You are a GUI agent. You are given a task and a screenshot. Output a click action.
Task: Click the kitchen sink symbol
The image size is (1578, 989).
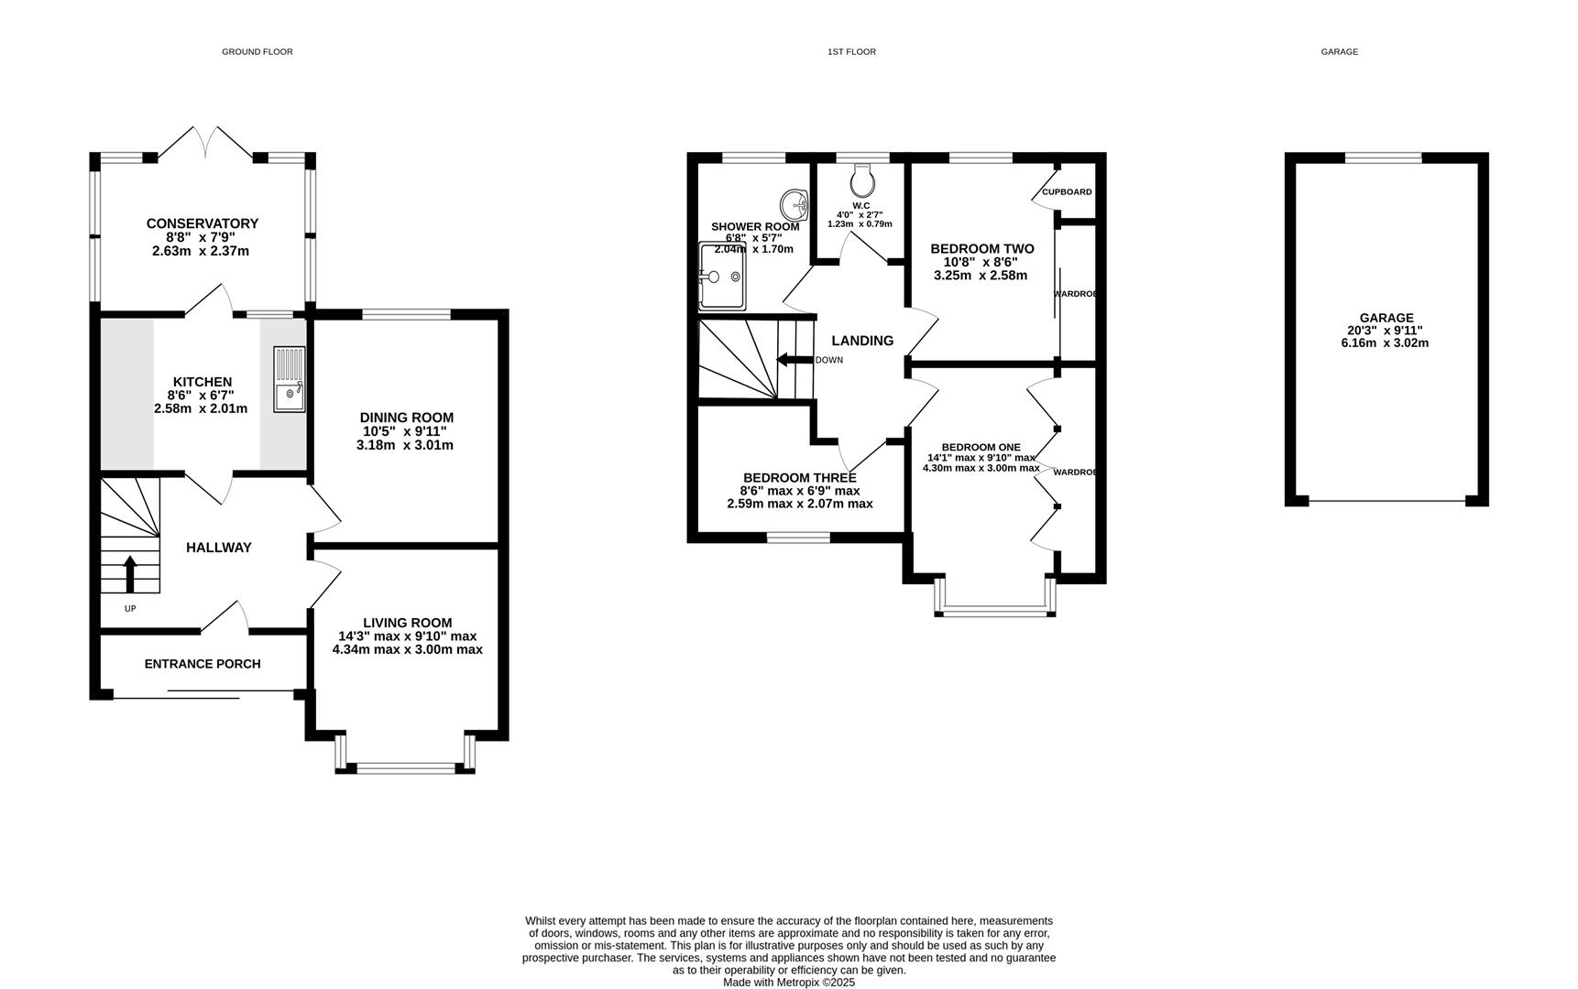(x=290, y=379)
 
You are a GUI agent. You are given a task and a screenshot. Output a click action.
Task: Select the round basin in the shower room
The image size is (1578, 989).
(x=794, y=202)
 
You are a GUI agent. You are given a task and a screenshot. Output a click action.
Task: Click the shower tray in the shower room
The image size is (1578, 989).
(x=722, y=276)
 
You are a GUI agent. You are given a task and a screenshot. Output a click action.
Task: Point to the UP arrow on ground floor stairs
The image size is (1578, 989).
(x=129, y=574)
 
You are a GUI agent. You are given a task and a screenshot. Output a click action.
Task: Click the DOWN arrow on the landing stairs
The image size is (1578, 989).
(x=794, y=359)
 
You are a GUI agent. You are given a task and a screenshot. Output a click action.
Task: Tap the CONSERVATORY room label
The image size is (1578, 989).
(x=203, y=223)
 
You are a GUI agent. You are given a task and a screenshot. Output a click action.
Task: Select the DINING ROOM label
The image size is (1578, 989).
(x=407, y=418)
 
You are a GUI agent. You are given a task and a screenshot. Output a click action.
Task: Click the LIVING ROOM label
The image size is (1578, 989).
(x=408, y=623)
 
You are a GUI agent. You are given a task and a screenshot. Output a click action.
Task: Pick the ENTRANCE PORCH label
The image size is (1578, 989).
(x=203, y=664)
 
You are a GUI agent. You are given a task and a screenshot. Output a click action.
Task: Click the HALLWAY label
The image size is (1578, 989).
(x=219, y=548)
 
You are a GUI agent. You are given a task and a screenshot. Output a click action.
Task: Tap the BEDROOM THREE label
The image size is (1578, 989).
(x=800, y=478)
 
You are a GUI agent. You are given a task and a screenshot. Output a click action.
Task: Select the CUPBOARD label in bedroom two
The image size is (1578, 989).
(x=1067, y=192)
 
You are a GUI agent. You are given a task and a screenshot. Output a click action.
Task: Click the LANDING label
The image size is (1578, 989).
(x=862, y=341)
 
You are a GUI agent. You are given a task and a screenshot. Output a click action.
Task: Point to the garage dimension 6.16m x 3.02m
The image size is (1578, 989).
(x=1385, y=343)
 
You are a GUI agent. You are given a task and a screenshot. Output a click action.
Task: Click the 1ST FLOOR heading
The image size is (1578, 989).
(x=851, y=52)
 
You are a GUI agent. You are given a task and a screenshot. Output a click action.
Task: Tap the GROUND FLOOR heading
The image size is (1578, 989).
(x=258, y=52)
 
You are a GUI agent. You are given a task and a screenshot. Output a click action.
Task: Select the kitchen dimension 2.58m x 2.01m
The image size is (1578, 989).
(x=201, y=408)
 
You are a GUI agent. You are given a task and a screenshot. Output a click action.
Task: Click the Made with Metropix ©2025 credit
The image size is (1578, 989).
(x=789, y=983)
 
